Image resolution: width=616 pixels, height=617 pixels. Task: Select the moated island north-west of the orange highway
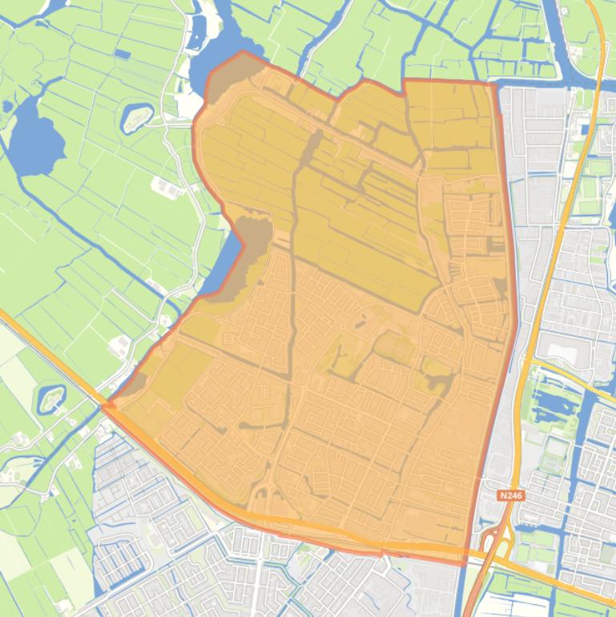50,398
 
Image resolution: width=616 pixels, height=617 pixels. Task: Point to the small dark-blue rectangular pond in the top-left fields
122,54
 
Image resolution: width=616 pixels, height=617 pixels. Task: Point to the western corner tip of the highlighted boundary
104,405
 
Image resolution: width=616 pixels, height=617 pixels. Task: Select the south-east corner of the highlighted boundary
465,563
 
